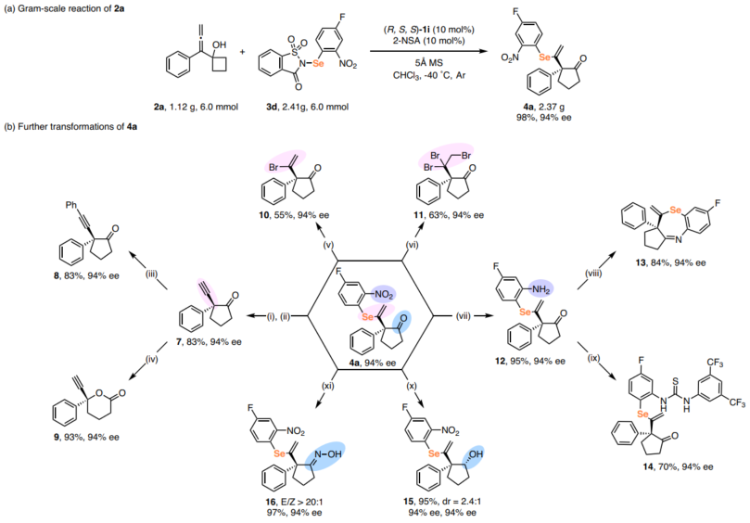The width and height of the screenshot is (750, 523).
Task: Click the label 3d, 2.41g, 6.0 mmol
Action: point(313,107)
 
